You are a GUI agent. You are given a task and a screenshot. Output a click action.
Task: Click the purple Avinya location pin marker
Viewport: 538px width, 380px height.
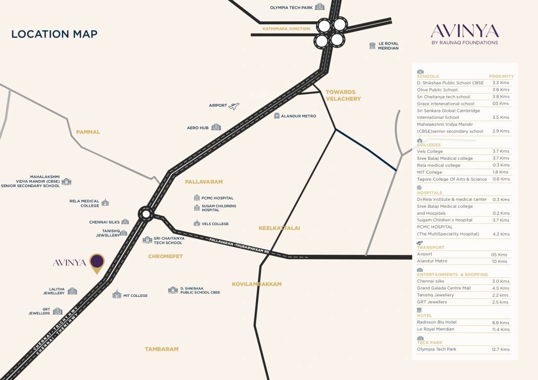click(97, 262)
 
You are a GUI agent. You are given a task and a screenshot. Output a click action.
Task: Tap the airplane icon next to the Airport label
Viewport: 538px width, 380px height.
click(234, 106)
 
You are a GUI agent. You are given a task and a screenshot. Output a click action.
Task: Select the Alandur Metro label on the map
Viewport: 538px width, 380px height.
click(298, 116)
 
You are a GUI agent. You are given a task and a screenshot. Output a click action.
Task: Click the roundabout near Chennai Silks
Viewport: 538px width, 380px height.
click(146, 214)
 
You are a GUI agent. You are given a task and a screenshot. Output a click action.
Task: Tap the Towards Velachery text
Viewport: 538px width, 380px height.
click(343, 95)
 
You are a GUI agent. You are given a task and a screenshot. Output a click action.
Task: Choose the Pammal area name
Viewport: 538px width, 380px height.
click(88, 132)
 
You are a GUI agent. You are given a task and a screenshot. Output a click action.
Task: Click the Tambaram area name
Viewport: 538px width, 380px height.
click(161, 349)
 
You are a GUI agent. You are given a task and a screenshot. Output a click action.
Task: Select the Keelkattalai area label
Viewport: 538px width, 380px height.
click(279, 228)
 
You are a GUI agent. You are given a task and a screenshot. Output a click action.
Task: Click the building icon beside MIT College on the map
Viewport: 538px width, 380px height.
click(117, 294)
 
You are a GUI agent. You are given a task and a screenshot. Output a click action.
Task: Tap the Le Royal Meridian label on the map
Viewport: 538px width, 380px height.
click(388, 46)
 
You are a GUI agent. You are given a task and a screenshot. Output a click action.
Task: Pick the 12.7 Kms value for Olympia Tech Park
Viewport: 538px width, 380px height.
click(500, 349)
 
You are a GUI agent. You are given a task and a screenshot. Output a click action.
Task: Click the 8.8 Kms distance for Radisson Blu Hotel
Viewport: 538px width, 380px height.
click(500, 323)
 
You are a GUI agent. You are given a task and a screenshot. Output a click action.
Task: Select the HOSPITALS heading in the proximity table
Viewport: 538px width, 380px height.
click(430, 193)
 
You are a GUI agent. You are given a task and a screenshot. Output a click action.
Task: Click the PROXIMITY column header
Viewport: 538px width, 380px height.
click(501, 76)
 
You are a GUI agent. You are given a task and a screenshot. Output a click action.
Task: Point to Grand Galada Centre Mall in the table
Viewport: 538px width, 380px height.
click(443, 288)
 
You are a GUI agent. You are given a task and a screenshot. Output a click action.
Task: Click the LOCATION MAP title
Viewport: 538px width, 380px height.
click(54, 34)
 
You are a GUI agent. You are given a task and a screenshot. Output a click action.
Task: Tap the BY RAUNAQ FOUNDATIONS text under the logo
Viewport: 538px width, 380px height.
click(465, 43)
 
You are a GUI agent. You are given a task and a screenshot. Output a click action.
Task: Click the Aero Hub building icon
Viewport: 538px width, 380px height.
click(216, 127)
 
